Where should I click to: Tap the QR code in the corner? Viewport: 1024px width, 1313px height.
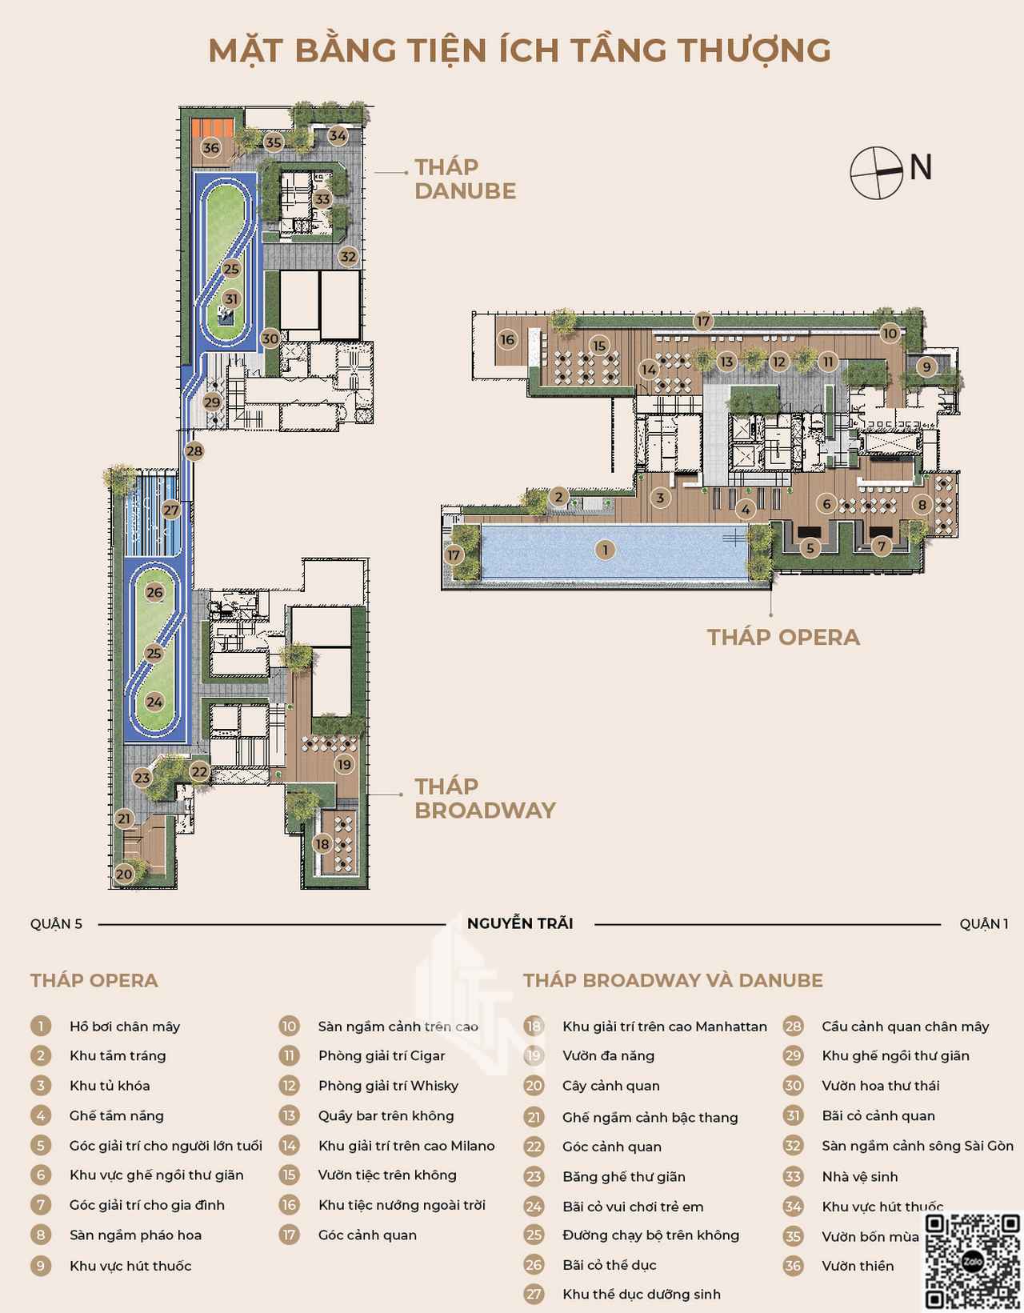tap(972, 1261)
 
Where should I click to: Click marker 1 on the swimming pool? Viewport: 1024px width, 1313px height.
tap(605, 550)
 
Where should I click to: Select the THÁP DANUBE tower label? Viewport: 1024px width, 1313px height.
tap(465, 179)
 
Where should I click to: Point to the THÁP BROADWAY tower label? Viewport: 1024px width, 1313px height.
tap(485, 799)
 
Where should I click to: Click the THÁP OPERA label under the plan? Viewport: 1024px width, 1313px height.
tap(783, 638)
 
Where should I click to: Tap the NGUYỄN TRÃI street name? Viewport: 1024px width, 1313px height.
tap(520, 923)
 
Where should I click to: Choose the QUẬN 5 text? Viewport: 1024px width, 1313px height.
tap(56, 924)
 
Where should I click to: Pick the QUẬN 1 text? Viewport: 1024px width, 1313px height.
tap(983, 924)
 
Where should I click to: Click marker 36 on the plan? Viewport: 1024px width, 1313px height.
tap(211, 147)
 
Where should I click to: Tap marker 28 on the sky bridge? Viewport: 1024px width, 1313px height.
tap(194, 450)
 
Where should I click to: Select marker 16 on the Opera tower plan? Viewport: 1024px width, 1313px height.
tap(507, 339)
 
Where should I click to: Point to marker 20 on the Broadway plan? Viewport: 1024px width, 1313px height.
tap(124, 874)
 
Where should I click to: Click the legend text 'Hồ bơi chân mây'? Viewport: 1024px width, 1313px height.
tap(125, 1027)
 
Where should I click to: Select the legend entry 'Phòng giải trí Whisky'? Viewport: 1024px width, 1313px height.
tap(389, 1086)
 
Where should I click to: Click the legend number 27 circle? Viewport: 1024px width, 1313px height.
tap(534, 1295)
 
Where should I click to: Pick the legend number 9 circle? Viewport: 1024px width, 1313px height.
tap(41, 1266)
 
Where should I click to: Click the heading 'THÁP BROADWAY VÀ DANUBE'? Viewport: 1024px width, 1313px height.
tap(673, 980)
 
